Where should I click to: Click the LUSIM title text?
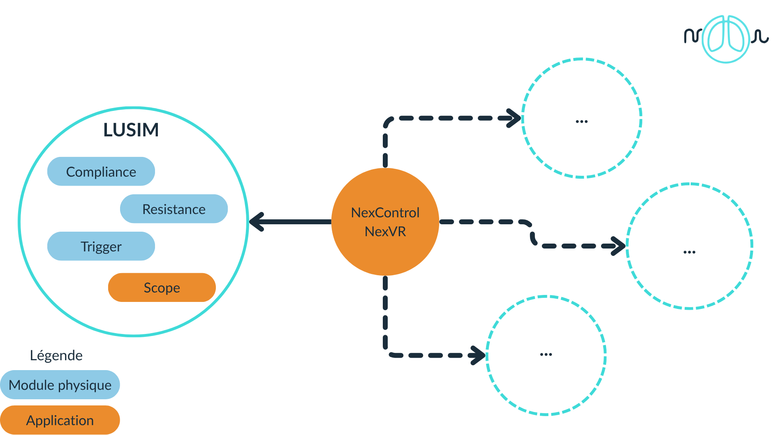[x=131, y=130]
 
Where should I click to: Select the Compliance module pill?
[x=101, y=172]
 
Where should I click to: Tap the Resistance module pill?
[x=174, y=209]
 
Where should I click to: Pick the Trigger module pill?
[x=101, y=246]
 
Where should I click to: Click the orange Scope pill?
[x=162, y=288]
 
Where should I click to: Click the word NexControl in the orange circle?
[x=385, y=213]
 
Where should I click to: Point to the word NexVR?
[x=385, y=232]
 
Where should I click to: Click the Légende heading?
[x=56, y=355]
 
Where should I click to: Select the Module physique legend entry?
[x=60, y=385]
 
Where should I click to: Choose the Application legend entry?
[x=60, y=420]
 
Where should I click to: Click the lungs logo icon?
[x=726, y=39]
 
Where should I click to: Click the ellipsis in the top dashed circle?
[x=581, y=122]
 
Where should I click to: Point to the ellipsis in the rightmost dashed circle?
[x=689, y=252]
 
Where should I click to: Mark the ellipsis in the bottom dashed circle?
[x=546, y=354]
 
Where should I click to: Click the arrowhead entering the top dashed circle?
[x=514, y=118]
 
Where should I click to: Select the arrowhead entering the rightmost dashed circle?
[x=618, y=246]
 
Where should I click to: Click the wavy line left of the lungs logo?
[x=693, y=36]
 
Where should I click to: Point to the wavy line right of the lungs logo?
[x=760, y=37]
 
